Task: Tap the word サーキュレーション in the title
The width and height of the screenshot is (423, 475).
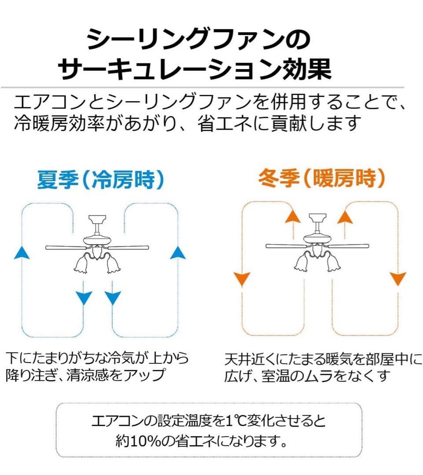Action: pyautogui.click(x=169, y=69)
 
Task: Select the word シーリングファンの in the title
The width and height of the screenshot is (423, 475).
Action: pyautogui.click(x=199, y=40)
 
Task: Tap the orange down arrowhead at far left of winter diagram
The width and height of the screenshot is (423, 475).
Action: pyautogui.click(x=242, y=279)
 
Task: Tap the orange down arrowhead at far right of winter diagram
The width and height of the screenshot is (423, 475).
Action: pyautogui.click(x=398, y=279)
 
